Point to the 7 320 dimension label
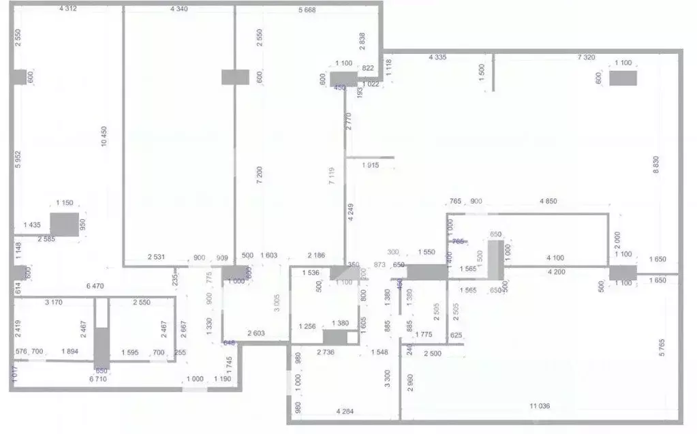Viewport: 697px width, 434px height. [x=587, y=57]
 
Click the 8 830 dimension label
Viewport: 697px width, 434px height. [x=656, y=166]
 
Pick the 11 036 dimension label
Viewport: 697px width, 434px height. [x=540, y=406]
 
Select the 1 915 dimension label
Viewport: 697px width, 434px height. [x=370, y=166]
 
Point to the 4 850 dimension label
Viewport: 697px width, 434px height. [x=548, y=201]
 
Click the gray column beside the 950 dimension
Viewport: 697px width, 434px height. [x=65, y=224]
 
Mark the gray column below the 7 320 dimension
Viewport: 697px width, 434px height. [x=623, y=78]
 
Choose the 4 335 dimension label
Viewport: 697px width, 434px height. [x=437, y=57]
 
